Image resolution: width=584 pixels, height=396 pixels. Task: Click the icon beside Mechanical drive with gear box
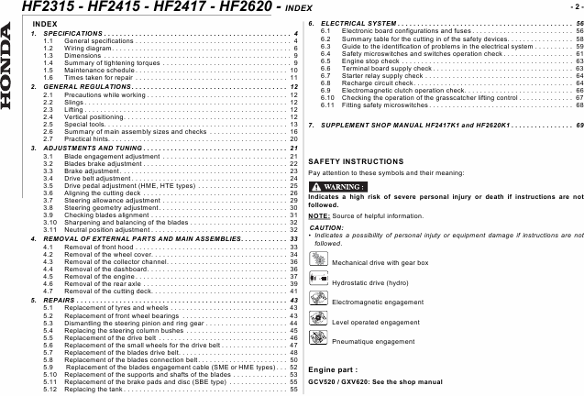coord(318,262)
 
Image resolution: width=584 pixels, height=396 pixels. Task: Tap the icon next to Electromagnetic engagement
coord(318,302)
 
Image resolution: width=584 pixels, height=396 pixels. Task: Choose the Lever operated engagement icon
coord(318,322)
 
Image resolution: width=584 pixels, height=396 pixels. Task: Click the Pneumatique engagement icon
coord(318,341)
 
